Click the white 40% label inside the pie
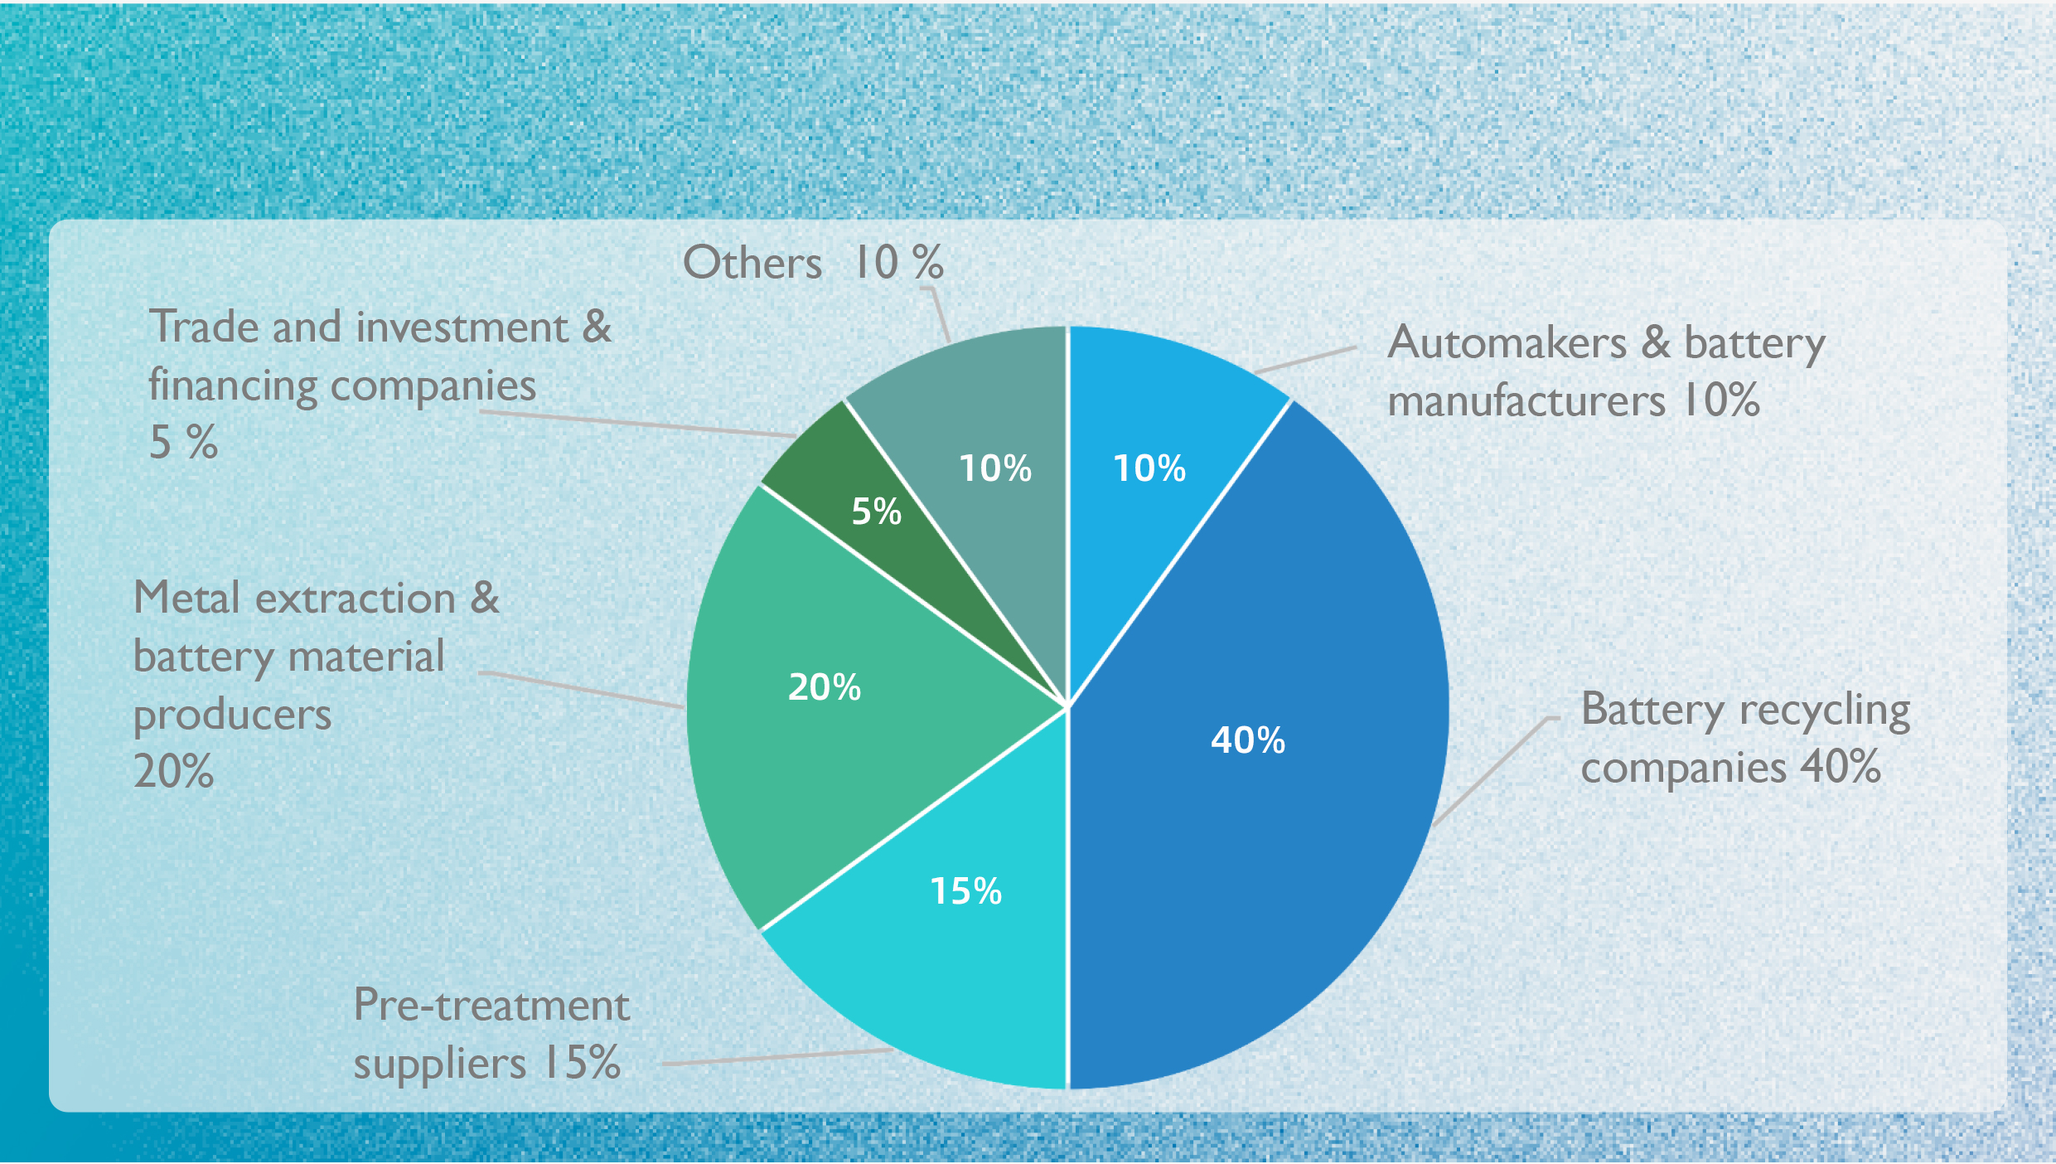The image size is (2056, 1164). tap(1247, 740)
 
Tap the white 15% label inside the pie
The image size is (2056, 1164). tap(965, 891)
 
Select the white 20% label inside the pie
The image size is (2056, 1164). tap(824, 687)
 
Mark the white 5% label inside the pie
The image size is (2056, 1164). tap(876, 512)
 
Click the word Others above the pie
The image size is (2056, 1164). tap(752, 263)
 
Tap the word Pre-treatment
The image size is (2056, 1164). tap(491, 1006)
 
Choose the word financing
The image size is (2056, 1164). tap(233, 386)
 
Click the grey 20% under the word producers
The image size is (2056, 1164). tap(173, 771)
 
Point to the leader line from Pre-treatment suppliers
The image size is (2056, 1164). tap(775, 1057)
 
